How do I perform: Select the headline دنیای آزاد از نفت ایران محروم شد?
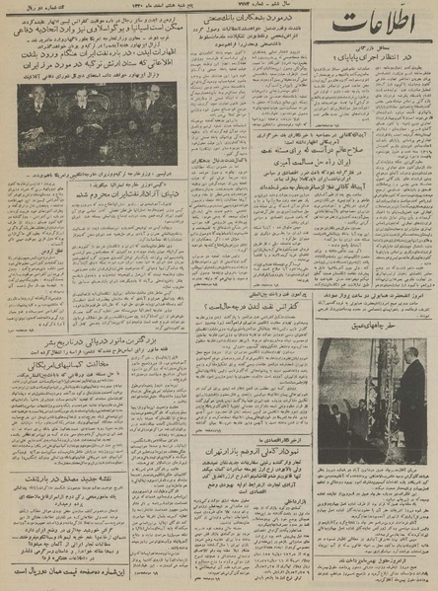pos(95,234)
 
